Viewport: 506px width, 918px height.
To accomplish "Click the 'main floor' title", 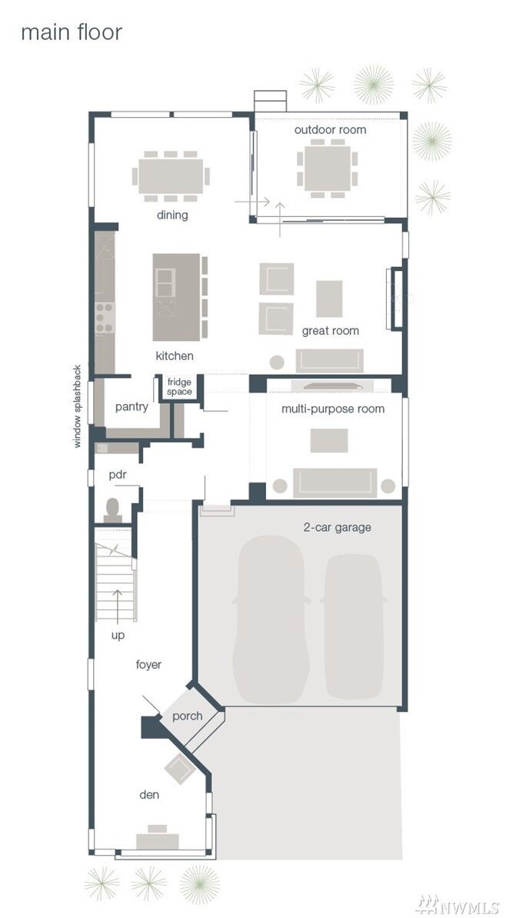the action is click(x=72, y=32).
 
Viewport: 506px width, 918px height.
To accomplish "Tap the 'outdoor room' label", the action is click(x=330, y=129).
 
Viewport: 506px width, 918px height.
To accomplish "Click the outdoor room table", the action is click(x=327, y=168).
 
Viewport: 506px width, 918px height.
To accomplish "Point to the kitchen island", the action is click(x=176, y=297).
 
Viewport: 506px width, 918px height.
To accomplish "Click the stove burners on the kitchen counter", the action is click(x=104, y=317).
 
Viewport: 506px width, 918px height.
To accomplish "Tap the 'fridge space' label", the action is click(x=179, y=387).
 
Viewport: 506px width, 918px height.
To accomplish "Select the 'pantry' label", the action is click(x=131, y=407).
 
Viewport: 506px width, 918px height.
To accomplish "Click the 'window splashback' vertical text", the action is click(x=77, y=406).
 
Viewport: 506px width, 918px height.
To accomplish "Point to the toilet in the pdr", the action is click(x=113, y=510).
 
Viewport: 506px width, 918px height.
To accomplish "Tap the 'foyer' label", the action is click(x=148, y=665).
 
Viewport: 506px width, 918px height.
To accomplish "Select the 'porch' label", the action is click(x=188, y=716).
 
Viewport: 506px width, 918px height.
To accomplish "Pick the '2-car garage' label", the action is click(x=337, y=528).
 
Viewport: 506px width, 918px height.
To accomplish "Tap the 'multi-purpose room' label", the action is click(x=333, y=409).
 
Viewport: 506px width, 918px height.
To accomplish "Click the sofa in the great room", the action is click(x=329, y=360).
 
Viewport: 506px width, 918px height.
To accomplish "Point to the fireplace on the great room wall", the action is click(x=395, y=299).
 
